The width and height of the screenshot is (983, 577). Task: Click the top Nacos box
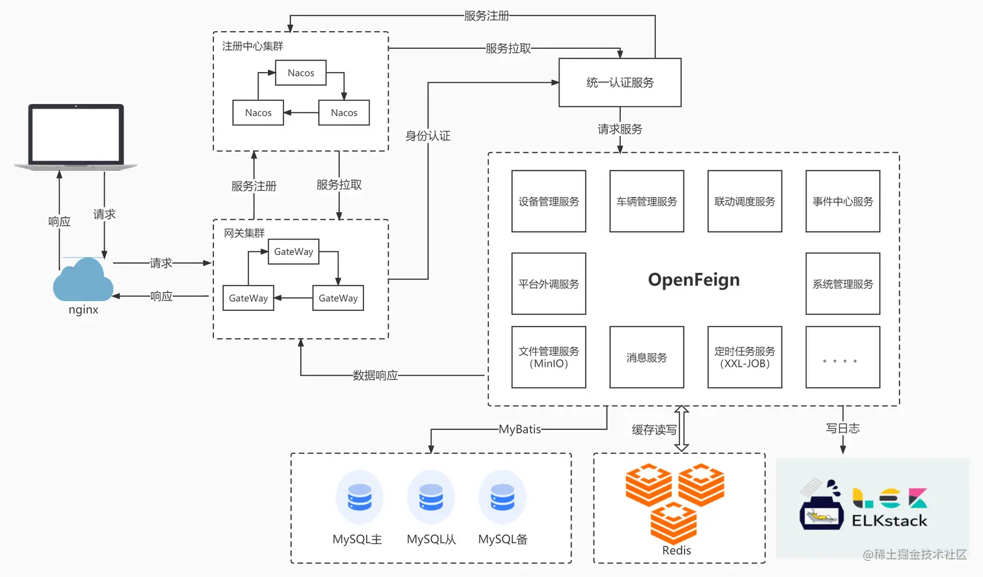pyautogui.click(x=300, y=73)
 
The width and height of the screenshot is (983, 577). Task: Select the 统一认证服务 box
pyautogui.click(x=620, y=83)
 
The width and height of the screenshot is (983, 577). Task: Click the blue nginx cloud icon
pyautogui.click(x=83, y=280)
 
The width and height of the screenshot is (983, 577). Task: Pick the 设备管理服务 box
pyautogui.click(x=549, y=202)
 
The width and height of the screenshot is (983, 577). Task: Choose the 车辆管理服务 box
pyautogui.click(x=646, y=202)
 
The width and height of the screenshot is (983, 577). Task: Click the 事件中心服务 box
pyautogui.click(x=843, y=202)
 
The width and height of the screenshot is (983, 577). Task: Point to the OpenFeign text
pyautogui.click(x=694, y=280)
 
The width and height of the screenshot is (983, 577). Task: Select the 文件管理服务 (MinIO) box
pyautogui.click(x=549, y=357)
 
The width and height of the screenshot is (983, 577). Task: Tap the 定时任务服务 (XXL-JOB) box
pyautogui.click(x=744, y=357)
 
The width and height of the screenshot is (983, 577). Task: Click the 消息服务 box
pyautogui.click(x=646, y=357)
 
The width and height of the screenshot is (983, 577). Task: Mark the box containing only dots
pyautogui.click(x=843, y=357)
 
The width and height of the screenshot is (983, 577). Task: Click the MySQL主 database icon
pyautogui.click(x=359, y=498)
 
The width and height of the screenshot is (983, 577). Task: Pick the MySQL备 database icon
pyautogui.click(x=502, y=498)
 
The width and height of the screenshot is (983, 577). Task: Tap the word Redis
pyautogui.click(x=676, y=550)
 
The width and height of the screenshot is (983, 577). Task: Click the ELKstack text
pyautogui.click(x=889, y=520)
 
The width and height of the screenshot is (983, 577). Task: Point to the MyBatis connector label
pyautogui.click(x=519, y=429)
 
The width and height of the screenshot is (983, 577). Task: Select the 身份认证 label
pyautogui.click(x=428, y=136)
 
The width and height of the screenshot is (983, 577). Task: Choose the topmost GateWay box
pyautogui.click(x=293, y=252)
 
